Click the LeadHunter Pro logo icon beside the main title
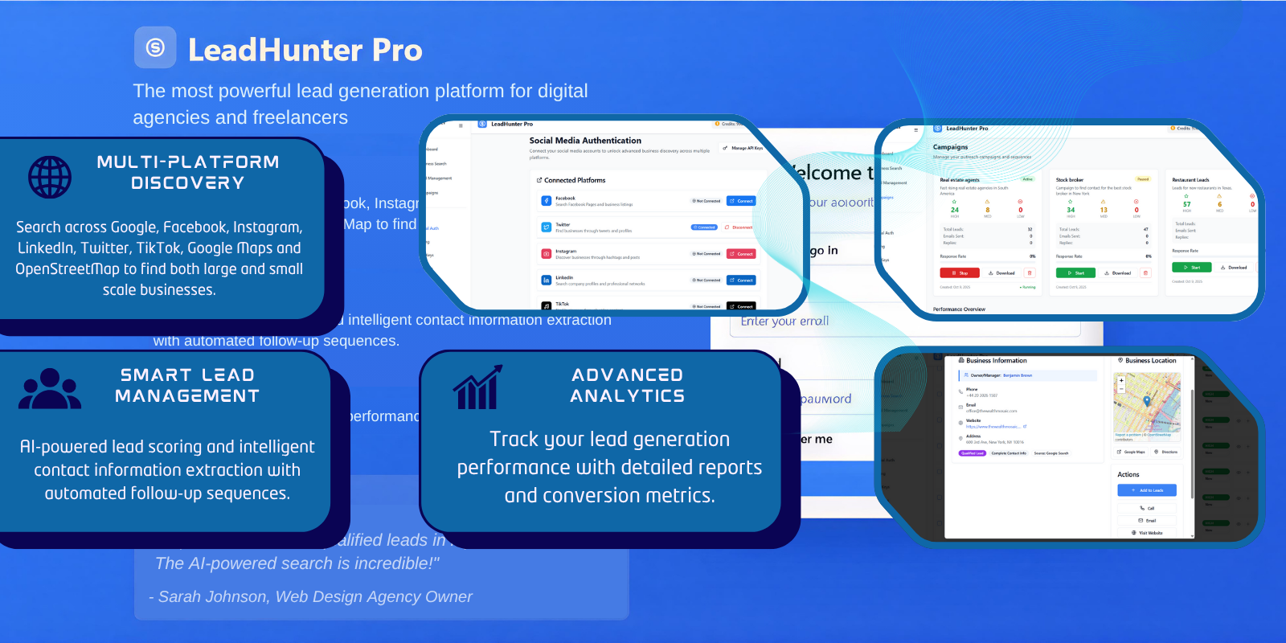pyautogui.click(x=155, y=47)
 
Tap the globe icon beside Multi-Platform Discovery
pyautogui.click(x=50, y=178)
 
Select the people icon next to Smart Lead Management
pyautogui.click(x=50, y=390)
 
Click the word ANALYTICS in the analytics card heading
pyautogui.click(x=627, y=395)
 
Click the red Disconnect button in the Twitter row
pyautogui.click(x=739, y=227)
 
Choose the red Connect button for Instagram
pyautogui.click(x=741, y=254)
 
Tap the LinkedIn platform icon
pyautogui.click(x=546, y=281)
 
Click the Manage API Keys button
pyautogui.click(x=743, y=148)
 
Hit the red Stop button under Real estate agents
pyautogui.click(x=960, y=273)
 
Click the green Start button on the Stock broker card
pyautogui.click(x=1075, y=273)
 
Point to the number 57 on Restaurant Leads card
pyautogui.click(x=1187, y=204)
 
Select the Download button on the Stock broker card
pyautogui.click(x=1116, y=273)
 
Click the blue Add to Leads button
pyautogui.click(x=1147, y=490)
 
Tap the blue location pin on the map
pyautogui.click(x=1147, y=400)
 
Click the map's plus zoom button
pyautogui.click(x=1121, y=380)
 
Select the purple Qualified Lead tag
pyautogui.click(x=973, y=453)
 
